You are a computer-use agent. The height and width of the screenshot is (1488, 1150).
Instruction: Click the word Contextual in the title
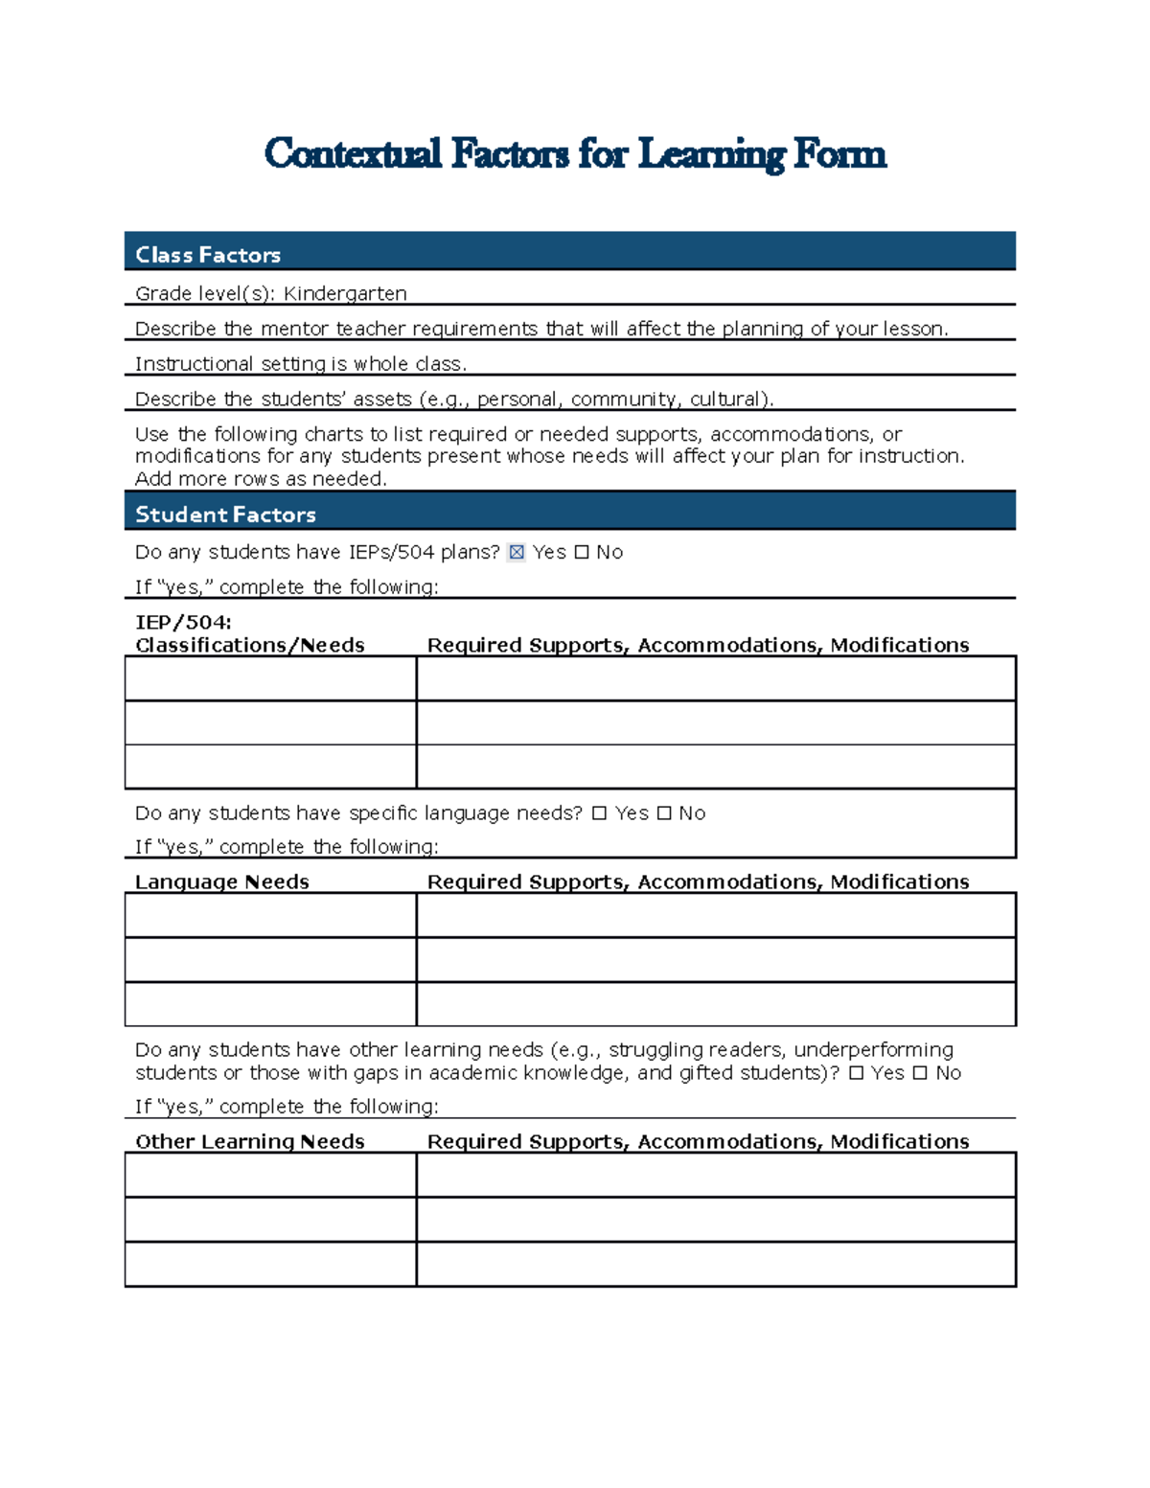[x=353, y=154]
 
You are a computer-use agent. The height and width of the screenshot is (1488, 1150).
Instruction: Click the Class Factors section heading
[x=208, y=255]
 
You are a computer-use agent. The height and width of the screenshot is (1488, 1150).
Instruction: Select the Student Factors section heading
[x=225, y=515]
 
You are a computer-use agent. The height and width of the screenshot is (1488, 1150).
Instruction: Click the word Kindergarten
[x=345, y=293]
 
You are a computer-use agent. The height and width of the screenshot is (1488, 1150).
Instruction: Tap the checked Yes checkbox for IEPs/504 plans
[x=517, y=552]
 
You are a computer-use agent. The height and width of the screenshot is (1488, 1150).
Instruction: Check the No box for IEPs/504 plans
[x=582, y=552]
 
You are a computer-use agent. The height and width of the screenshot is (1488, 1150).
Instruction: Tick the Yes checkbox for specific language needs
[x=599, y=813]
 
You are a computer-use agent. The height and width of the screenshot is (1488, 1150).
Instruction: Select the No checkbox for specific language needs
[x=663, y=813]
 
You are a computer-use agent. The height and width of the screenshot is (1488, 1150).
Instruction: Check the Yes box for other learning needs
[x=856, y=1073]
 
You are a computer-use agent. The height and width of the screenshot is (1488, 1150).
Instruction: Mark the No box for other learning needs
[x=920, y=1073]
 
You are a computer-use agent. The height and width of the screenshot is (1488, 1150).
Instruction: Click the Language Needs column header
[x=221, y=881]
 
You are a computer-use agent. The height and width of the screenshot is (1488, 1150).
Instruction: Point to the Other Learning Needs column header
[x=249, y=1141]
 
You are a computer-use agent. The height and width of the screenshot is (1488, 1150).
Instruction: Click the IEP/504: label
[x=183, y=623]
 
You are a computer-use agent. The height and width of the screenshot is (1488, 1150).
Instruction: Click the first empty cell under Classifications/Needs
[x=270, y=678]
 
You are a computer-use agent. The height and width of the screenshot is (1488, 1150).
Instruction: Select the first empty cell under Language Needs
[x=270, y=915]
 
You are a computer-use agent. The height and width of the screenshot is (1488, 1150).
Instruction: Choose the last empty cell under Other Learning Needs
[x=270, y=1264]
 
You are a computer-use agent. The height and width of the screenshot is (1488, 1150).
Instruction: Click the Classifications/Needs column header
[x=249, y=645]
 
